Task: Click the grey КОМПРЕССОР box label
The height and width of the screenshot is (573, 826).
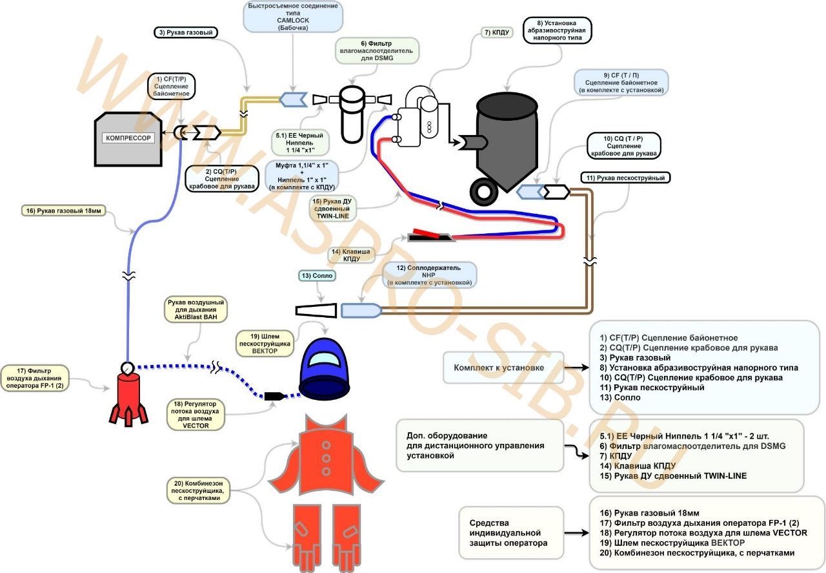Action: coord(129,138)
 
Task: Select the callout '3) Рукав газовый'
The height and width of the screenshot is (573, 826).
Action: coord(185,32)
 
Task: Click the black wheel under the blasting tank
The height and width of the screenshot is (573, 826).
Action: coord(484,190)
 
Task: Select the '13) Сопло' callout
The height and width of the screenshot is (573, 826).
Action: coord(317,276)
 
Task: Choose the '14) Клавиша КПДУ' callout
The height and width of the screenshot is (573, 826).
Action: coord(352,255)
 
